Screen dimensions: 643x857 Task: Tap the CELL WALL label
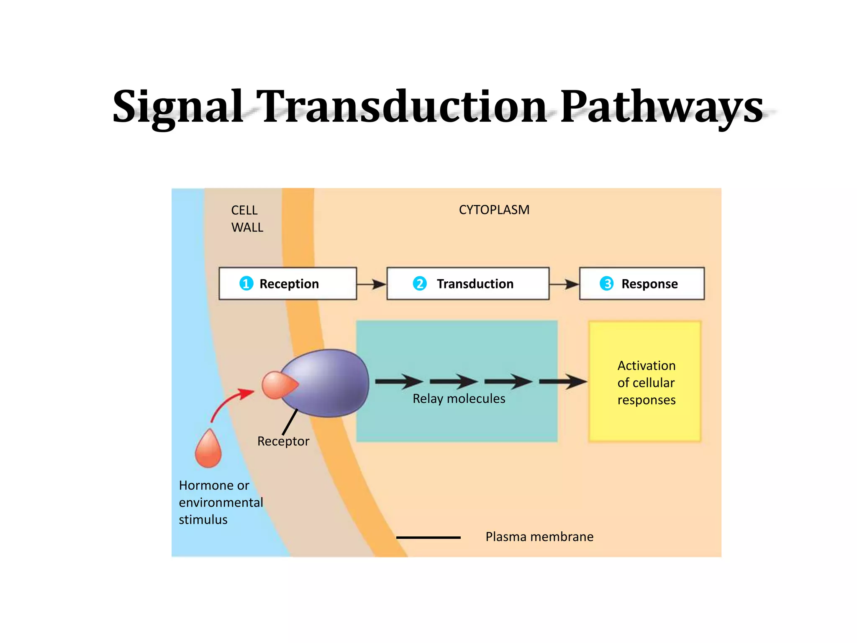(247, 219)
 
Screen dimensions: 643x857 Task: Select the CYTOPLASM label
(494, 210)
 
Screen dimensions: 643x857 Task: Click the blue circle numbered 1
(246, 283)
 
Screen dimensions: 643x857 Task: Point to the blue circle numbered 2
(419, 283)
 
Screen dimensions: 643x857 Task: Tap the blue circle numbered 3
(606, 283)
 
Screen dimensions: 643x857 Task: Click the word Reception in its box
(289, 284)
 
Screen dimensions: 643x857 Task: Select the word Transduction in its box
(475, 284)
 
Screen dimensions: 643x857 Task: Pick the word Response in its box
(649, 284)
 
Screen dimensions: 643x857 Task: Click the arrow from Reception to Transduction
(372, 284)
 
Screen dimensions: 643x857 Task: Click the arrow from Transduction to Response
(564, 284)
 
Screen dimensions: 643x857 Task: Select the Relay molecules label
(459, 399)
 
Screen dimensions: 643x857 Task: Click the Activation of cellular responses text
(646, 383)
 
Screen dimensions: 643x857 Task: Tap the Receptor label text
(283, 441)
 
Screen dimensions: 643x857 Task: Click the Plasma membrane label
(539, 537)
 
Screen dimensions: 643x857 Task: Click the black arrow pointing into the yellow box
(563, 381)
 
